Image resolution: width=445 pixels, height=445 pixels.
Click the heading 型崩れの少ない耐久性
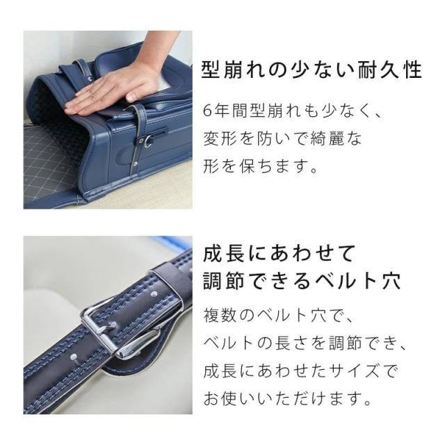point(311,70)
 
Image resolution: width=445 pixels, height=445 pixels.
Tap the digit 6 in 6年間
point(208,111)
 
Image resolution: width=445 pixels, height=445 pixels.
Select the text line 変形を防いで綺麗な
point(282,138)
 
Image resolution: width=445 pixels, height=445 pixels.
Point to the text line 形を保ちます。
point(260,166)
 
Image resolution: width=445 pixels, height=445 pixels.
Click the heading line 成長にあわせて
point(280,253)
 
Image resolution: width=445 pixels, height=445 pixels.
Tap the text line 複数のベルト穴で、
point(278,315)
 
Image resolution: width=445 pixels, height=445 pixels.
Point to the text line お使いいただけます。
point(287,398)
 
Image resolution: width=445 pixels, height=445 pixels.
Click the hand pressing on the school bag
point(113,88)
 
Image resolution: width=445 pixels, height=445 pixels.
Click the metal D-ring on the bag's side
point(147,141)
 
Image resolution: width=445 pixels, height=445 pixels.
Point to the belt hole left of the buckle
point(73,357)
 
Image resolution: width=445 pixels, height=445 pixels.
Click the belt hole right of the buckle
point(154,293)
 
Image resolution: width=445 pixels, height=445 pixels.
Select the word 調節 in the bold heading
point(224,281)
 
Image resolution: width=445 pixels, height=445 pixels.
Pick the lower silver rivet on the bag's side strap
point(135,163)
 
